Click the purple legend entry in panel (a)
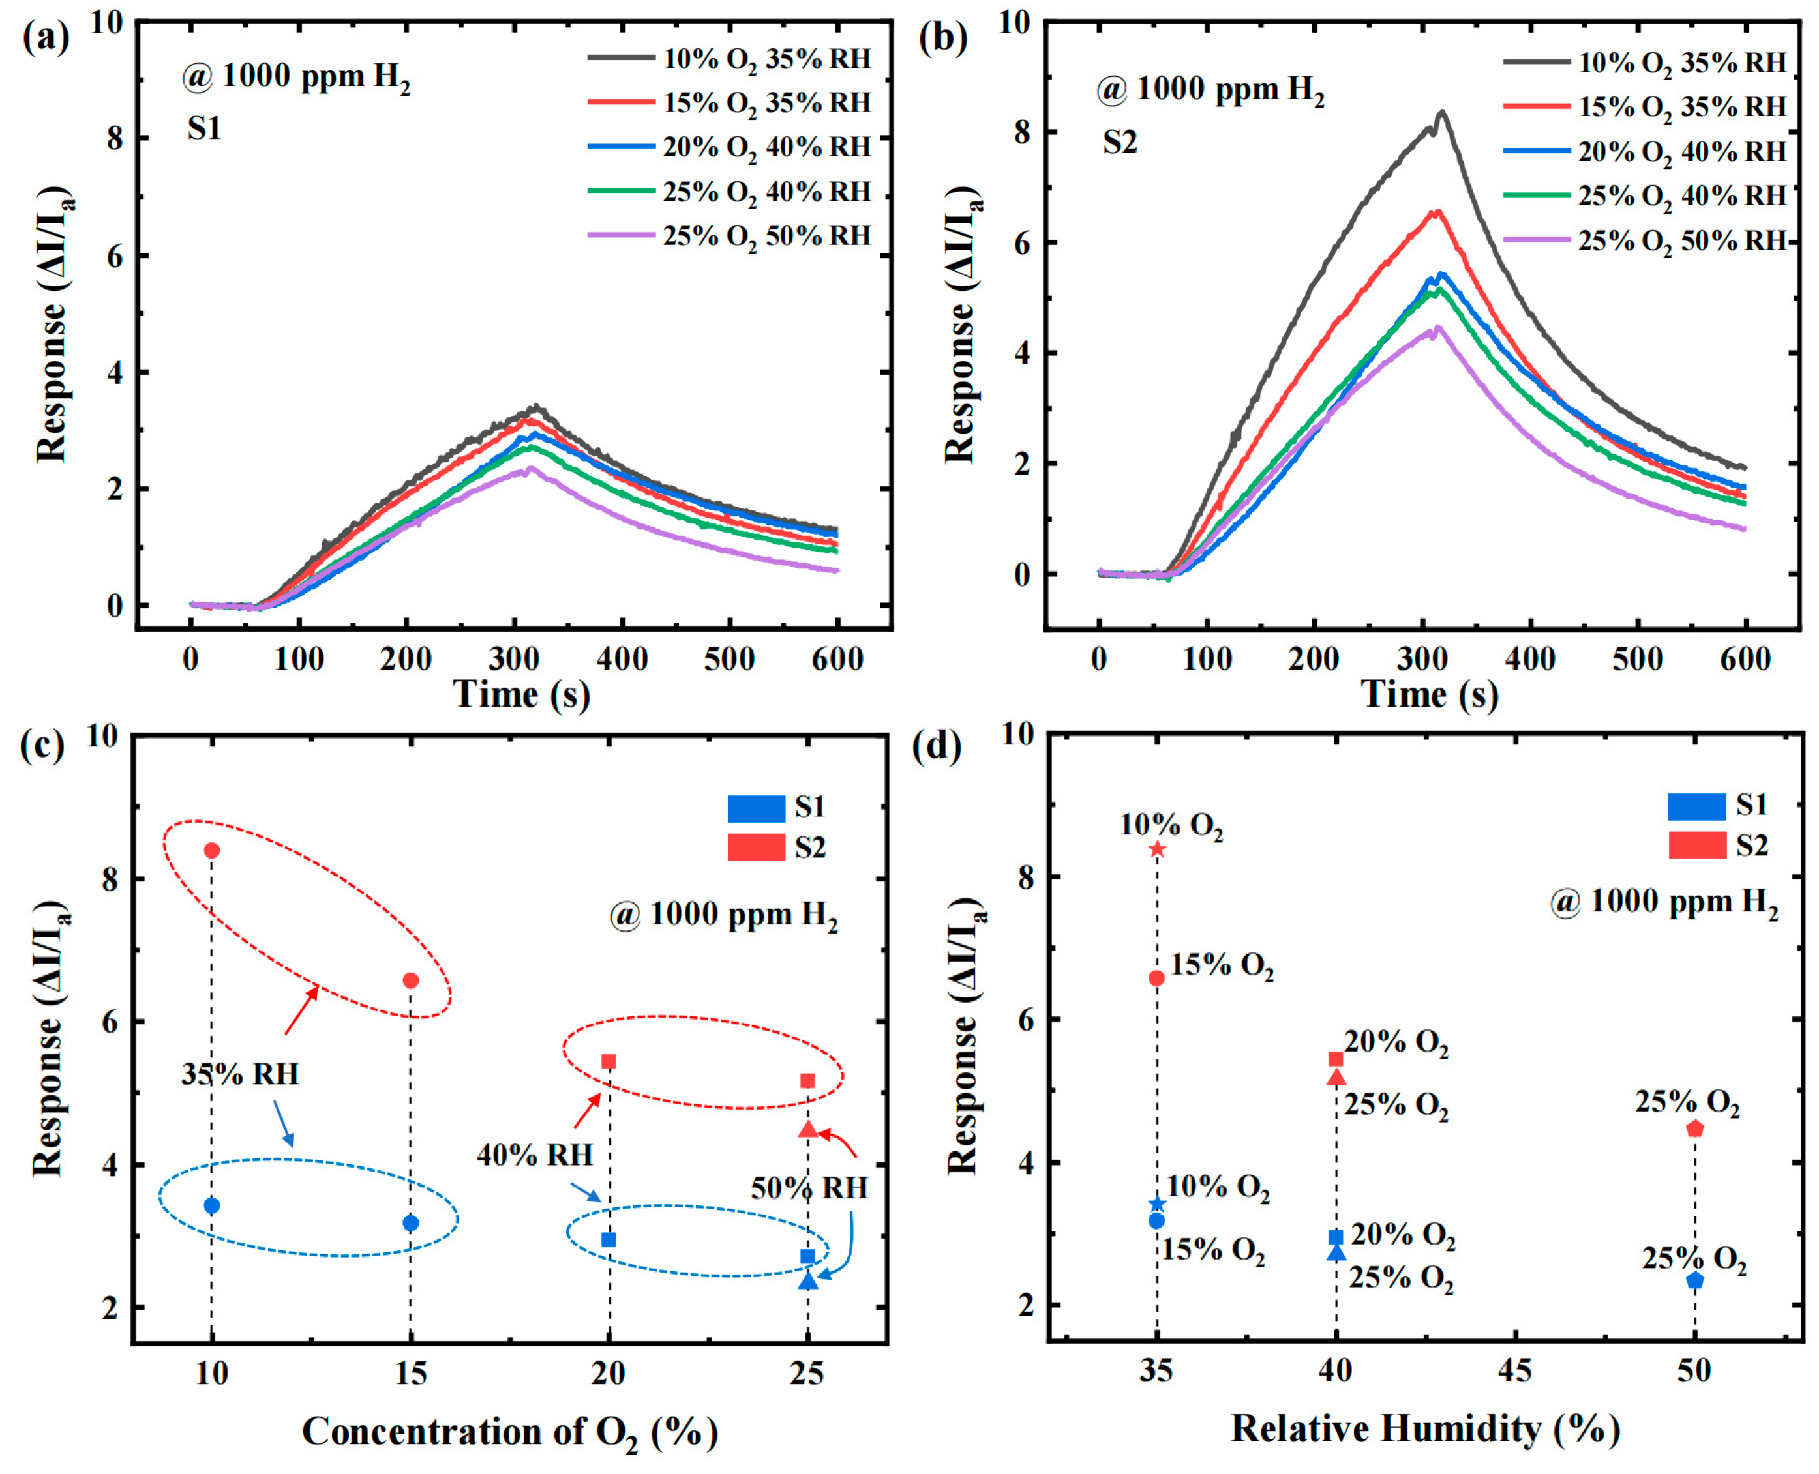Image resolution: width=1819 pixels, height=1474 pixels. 730,235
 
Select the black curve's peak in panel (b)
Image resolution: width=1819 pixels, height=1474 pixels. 1441,112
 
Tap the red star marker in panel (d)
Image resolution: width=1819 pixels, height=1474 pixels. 1156,849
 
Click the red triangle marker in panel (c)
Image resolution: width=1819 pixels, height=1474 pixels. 807,1129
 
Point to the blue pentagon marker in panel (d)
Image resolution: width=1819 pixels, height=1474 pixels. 1695,1280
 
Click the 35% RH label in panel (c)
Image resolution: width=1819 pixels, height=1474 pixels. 240,1074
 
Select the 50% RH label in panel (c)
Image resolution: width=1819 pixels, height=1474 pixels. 809,1188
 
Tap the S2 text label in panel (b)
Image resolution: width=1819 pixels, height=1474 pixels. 1119,143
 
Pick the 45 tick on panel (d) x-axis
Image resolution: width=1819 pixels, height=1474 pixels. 1515,1370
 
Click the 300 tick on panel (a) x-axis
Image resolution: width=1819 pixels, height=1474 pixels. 515,659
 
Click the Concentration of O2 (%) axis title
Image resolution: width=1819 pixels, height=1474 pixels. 509,1432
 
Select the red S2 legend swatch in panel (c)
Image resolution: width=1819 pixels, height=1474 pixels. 756,848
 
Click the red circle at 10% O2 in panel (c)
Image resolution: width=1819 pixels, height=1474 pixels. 213,850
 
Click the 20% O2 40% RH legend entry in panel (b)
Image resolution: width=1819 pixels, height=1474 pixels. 1645,152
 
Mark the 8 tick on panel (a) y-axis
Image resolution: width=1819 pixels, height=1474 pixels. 115,138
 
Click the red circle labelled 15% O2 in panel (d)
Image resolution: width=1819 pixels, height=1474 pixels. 1156,978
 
